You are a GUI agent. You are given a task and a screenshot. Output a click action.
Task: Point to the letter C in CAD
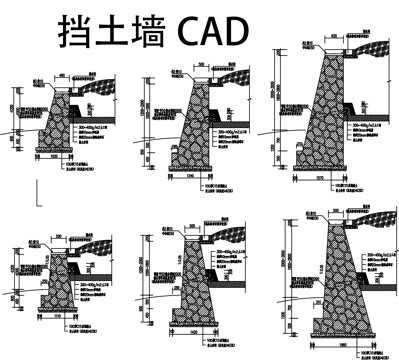coord(191,29)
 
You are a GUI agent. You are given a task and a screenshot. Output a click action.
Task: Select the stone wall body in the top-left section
coord(59,121)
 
